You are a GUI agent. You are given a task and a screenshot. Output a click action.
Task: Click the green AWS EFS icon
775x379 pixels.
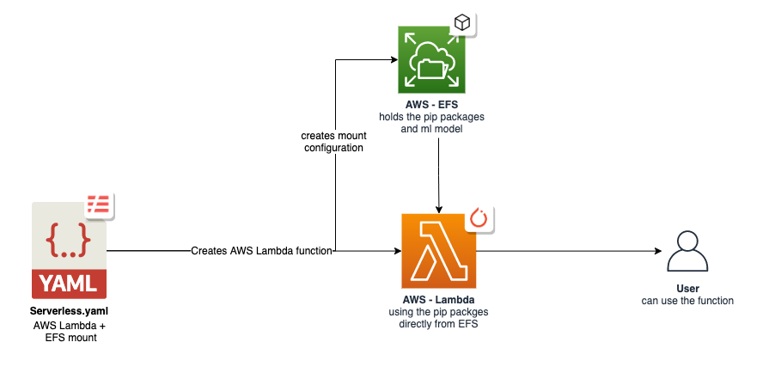(x=431, y=59)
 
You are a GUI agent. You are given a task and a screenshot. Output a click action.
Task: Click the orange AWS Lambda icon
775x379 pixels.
(x=438, y=251)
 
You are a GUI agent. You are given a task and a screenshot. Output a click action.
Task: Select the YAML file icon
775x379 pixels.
(x=70, y=250)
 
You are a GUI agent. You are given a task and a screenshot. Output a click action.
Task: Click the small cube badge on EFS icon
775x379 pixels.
(x=462, y=24)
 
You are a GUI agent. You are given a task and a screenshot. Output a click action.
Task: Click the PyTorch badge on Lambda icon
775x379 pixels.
(x=479, y=218)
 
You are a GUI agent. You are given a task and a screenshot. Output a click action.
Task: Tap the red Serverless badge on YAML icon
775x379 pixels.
(x=99, y=204)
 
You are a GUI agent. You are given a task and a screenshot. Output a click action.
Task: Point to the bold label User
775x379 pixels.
(x=687, y=289)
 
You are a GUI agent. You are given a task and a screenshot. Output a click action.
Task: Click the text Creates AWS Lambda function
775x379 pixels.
(x=262, y=251)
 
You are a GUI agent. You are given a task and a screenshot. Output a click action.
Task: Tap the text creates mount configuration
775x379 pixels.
(x=332, y=142)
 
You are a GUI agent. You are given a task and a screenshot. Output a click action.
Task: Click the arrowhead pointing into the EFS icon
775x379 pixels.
(x=393, y=60)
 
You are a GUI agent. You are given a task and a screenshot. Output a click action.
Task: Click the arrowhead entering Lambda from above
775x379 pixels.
(x=439, y=209)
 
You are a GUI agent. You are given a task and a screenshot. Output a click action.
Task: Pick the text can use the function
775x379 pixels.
(x=687, y=301)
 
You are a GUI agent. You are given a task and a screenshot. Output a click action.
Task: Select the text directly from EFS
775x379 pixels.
(x=438, y=324)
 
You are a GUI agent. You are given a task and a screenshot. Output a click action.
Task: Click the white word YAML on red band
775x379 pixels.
(x=70, y=283)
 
